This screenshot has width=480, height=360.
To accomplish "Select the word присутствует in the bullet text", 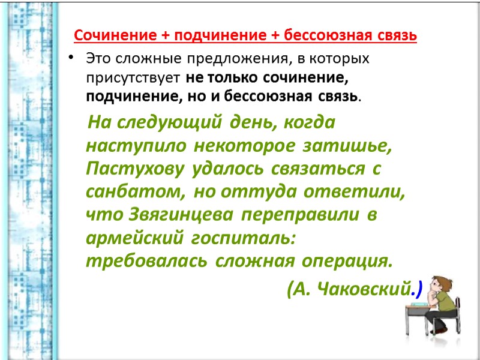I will click(133, 77).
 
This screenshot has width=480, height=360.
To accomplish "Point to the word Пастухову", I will click(136, 169).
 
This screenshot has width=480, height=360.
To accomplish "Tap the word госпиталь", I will click(244, 238).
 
